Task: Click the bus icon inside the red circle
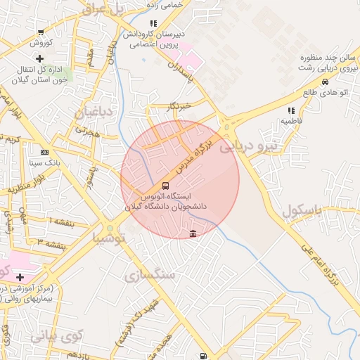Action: tap(165, 186)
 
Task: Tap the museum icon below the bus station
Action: tap(193, 233)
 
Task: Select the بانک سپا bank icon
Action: tap(45, 152)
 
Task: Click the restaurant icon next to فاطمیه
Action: tap(291, 110)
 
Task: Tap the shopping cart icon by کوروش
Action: tap(41, 32)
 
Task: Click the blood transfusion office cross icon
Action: tap(40, 58)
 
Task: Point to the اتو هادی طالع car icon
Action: tap(324, 82)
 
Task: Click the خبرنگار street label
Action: tap(181, 106)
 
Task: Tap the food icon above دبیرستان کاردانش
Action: tap(153, 22)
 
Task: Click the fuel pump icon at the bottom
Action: tap(204, 356)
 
